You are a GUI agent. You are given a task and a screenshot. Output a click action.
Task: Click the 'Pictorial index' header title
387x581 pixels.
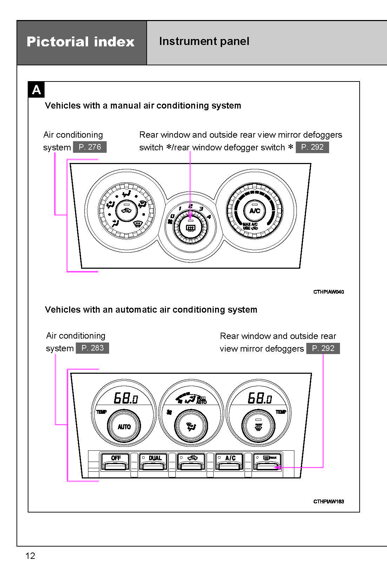click(81, 42)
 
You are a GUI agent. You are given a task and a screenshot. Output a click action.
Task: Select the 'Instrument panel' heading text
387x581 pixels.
click(204, 41)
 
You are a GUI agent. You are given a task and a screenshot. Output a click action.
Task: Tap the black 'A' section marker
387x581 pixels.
click(36, 90)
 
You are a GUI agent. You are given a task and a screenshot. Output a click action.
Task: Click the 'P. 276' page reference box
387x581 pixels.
click(89, 147)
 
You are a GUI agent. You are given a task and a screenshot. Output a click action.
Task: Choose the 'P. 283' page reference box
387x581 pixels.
click(92, 348)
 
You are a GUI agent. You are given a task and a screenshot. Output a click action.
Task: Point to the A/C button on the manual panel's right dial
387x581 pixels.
click(255, 211)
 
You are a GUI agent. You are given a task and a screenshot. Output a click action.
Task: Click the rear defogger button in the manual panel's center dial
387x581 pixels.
click(191, 228)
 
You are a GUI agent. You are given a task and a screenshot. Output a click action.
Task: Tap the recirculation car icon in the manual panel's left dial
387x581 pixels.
click(126, 211)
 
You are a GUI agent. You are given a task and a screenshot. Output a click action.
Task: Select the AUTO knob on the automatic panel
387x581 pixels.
click(124, 426)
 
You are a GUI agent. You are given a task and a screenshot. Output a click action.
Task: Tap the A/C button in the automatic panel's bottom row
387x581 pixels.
click(230, 461)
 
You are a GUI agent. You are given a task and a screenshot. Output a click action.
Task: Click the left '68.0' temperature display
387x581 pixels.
click(126, 398)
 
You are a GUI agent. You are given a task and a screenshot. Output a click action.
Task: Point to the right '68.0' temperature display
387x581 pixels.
click(260, 398)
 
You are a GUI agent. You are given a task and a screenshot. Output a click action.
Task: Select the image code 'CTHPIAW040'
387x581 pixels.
click(328, 292)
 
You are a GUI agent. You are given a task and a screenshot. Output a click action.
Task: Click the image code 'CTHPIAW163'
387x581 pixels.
click(328, 501)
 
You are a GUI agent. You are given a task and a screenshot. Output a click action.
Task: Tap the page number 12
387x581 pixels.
click(30, 556)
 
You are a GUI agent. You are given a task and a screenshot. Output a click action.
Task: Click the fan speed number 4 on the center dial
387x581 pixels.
click(209, 217)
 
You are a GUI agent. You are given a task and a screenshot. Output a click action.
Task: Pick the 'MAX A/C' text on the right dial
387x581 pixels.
click(250, 224)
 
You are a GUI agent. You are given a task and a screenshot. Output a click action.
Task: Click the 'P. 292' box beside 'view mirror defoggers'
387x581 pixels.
click(323, 348)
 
